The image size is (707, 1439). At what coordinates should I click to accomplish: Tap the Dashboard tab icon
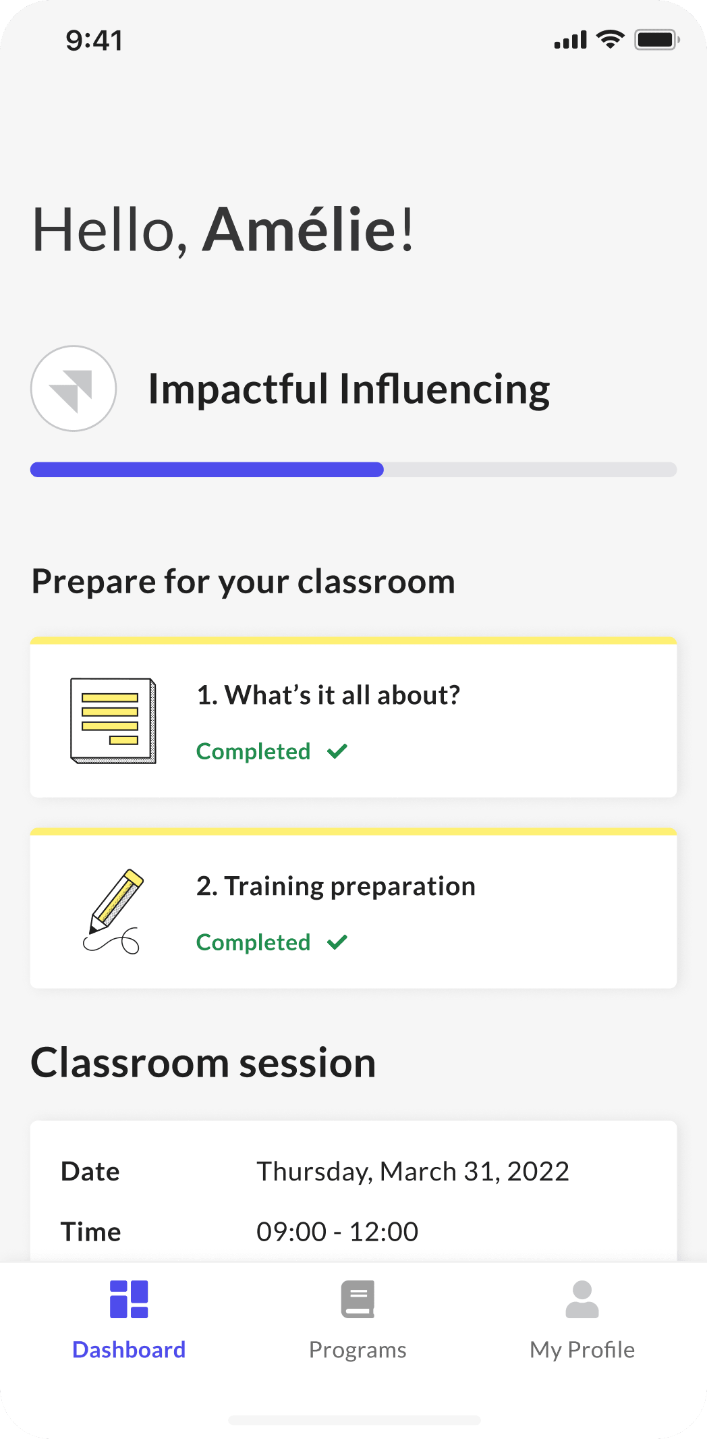129,1299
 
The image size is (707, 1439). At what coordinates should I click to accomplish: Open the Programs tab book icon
358,1299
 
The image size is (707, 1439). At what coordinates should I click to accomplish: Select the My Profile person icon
582,1299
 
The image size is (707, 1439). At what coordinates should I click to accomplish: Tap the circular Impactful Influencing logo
74,388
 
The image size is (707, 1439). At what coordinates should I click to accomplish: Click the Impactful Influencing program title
349,389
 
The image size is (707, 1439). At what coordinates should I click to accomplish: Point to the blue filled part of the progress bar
207,469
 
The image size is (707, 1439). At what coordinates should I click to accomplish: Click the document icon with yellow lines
113,721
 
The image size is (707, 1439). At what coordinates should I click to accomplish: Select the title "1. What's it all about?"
329,695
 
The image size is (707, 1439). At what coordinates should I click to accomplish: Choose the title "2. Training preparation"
336,886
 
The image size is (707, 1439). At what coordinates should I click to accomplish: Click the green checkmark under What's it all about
337,751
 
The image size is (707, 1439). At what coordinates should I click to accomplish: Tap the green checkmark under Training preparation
337,942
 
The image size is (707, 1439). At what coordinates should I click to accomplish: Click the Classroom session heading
203,1062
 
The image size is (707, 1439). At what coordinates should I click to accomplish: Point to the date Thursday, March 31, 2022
413,1172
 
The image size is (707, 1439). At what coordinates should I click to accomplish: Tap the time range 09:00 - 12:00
337,1232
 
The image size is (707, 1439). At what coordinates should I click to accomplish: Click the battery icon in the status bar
657,40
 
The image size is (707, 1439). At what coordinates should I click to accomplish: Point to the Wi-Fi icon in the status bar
611,40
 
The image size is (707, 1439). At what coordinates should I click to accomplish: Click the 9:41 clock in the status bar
94,40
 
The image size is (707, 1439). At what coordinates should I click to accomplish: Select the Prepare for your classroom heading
244,582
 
